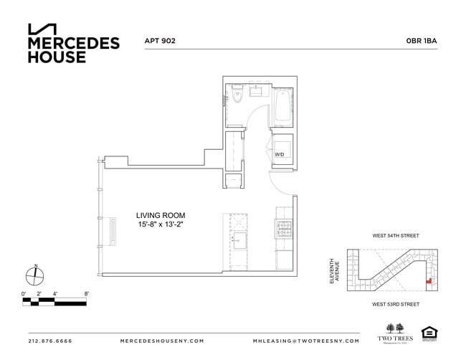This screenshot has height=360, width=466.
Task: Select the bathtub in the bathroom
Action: tap(282, 107)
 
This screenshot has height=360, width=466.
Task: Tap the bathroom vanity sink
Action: tap(257, 92)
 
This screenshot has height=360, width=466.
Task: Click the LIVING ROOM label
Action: tap(161, 214)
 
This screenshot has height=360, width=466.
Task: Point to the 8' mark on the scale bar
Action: tap(86, 294)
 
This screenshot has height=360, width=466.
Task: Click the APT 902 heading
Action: tap(160, 42)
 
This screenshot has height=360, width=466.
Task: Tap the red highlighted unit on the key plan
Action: tap(429, 282)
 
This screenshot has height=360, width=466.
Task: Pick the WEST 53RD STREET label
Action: tap(395, 305)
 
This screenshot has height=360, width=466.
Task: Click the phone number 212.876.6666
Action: tap(50, 341)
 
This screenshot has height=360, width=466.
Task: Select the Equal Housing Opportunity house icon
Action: tap(429, 332)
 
